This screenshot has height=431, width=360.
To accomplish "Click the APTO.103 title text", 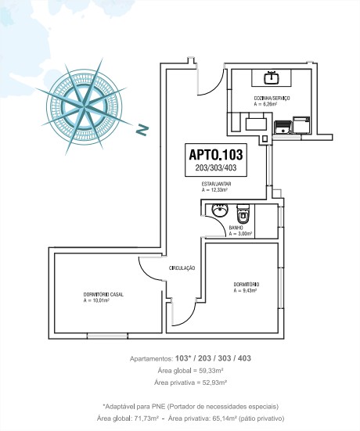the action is pyautogui.click(x=216, y=155).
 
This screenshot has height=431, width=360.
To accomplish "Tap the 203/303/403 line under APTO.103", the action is pyautogui.click(x=216, y=167).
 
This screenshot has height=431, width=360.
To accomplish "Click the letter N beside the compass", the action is pyautogui.click(x=142, y=130).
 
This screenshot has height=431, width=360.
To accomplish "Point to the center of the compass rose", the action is pyautogui.click(x=83, y=106).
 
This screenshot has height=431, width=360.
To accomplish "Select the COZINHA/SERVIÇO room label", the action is pyautogui.click(x=272, y=98).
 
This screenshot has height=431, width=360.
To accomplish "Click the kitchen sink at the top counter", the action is pyautogui.click(x=272, y=77).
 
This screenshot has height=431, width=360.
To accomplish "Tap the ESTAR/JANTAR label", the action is pyautogui.click(x=216, y=184).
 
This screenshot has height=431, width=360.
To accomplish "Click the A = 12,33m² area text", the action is pyautogui.click(x=214, y=189).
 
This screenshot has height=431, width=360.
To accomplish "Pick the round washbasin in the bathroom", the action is pyautogui.click(x=220, y=210).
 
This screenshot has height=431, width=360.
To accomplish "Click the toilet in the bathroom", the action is pyautogui.click(x=243, y=214).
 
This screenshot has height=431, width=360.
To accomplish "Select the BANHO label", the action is pyautogui.click(x=236, y=228).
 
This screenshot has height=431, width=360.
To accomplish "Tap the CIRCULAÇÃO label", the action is pyautogui.click(x=182, y=268).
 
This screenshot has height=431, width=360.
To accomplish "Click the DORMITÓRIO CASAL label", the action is pyautogui.click(x=103, y=294).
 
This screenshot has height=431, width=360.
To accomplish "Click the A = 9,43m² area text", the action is pyautogui.click(x=245, y=290).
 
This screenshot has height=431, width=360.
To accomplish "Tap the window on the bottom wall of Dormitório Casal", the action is pyautogui.click(x=107, y=336).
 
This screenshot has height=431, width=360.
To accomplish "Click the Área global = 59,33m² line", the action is pyautogui.click(x=190, y=371).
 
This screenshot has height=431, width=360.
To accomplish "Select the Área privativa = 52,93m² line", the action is pyautogui.click(x=190, y=383).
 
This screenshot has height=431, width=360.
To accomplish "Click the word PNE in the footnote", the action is pyautogui.click(x=159, y=406).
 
